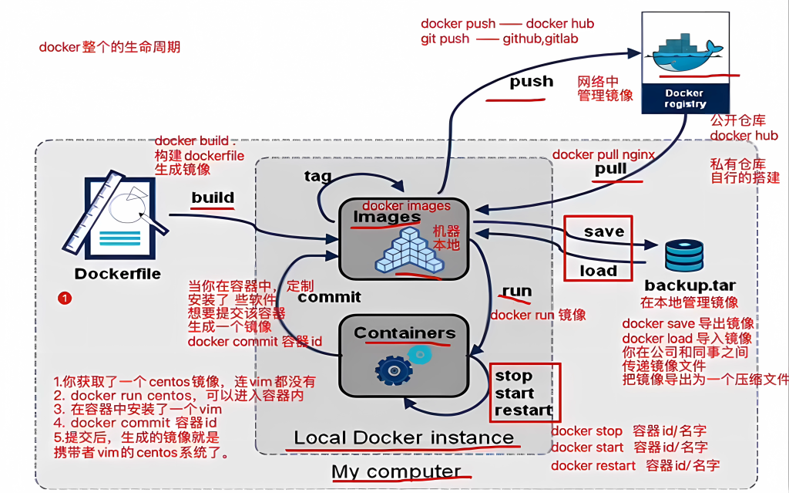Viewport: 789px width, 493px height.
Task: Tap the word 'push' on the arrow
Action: coord(532,82)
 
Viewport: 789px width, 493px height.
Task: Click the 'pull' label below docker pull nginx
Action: coord(611,169)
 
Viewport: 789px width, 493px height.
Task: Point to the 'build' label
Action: coord(213,198)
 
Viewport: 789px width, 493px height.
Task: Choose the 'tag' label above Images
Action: coord(317,176)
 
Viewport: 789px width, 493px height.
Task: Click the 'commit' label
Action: coord(329,297)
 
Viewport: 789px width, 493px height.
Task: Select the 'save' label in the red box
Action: coord(604,231)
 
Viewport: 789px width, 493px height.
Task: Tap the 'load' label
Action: coord(599,270)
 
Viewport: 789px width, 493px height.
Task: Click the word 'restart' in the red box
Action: coord(524,410)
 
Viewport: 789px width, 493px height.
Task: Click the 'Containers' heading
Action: coord(405,333)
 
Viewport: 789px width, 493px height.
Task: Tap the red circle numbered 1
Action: coord(65,297)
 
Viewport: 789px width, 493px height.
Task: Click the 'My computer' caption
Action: coord(396,471)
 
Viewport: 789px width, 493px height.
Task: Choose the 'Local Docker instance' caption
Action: coord(404,437)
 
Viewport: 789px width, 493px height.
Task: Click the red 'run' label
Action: coord(517,292)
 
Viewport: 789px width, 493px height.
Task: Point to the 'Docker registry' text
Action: coord(685,99)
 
